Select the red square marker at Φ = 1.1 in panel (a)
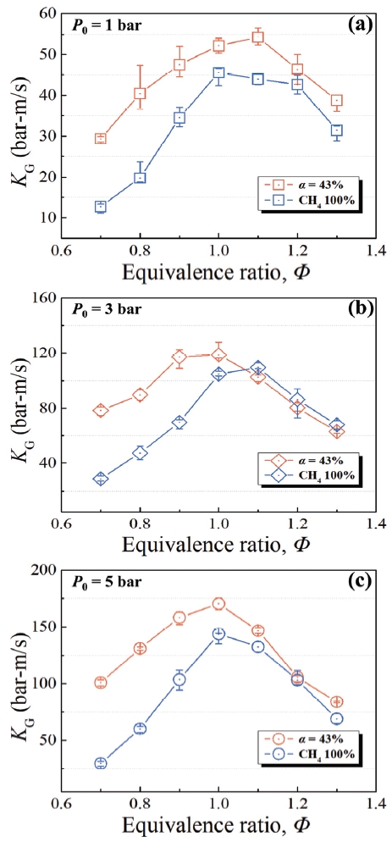tap(257, 37)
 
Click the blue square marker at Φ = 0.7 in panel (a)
tap(101, 206)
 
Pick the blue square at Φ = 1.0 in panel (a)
tap(218, 73)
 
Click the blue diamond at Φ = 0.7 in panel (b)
tap(101, 479)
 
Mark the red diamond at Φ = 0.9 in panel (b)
tap(179, 357)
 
